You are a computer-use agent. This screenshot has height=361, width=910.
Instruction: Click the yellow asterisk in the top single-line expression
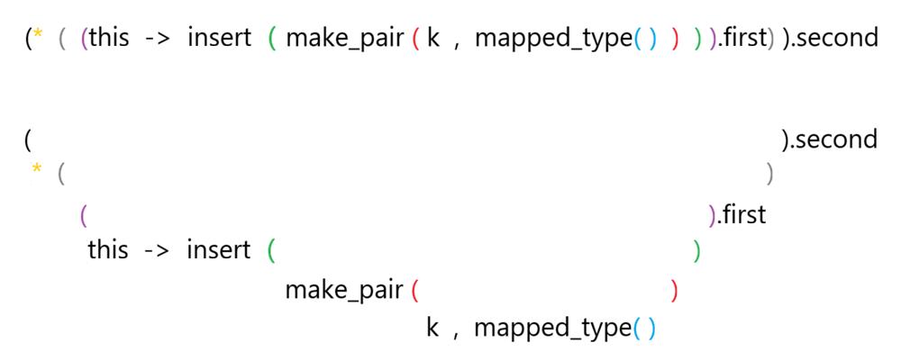38,36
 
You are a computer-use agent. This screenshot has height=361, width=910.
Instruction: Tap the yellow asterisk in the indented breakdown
38,169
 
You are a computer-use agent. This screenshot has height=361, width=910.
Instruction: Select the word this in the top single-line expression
109,39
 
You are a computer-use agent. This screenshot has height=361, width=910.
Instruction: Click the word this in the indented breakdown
107,249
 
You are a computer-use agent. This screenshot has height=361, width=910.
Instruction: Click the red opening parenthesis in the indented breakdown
415,291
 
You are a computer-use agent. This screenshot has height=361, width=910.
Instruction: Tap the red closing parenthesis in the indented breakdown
675,291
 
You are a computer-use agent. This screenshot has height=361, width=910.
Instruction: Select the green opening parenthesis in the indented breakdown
271,249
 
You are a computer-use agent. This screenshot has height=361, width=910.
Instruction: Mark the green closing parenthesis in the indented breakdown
697,249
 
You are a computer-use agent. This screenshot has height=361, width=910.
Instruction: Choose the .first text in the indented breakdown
741,215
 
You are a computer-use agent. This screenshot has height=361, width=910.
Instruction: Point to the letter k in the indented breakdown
432,328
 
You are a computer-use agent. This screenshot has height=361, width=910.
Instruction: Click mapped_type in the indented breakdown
550,328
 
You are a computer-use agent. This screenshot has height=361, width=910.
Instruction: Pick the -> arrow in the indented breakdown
156,249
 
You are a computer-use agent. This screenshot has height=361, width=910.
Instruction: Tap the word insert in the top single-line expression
219,39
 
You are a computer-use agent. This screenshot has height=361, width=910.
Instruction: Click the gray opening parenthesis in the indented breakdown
61,172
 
